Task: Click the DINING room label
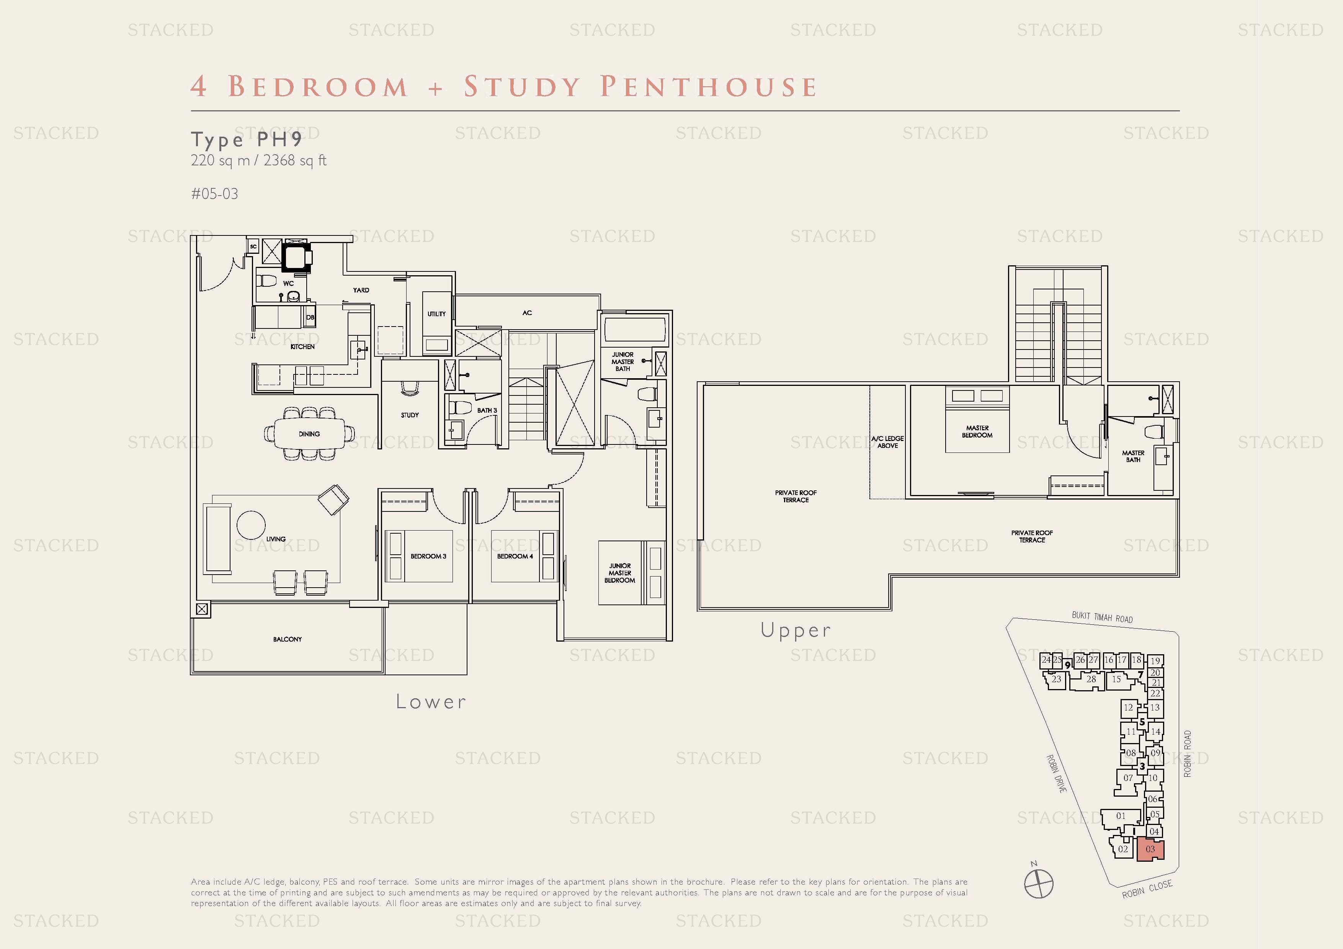click(x=309, y=434)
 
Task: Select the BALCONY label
click(x=287, y=639)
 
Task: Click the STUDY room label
click(x=410, y=415)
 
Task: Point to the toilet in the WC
click(x=267, y=281)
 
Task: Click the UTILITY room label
click(x=436, y=314)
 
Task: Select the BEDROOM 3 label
click(x=428, y=556)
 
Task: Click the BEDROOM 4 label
click(x=515, y=556)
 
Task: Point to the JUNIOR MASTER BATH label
click(x=622, y=361)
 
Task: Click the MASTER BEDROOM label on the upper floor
click(x=977, y=431)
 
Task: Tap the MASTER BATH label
click(x=1133, y=456)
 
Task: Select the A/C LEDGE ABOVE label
click(x=887, y=442)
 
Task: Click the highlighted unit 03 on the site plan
click(x=1150, y=849)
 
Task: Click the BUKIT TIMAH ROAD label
click(x=1102, y=617)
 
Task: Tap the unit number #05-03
click(x=215, y=194)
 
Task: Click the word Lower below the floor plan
click(x=431, y=702)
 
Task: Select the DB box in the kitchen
click(x=310, y=317)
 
